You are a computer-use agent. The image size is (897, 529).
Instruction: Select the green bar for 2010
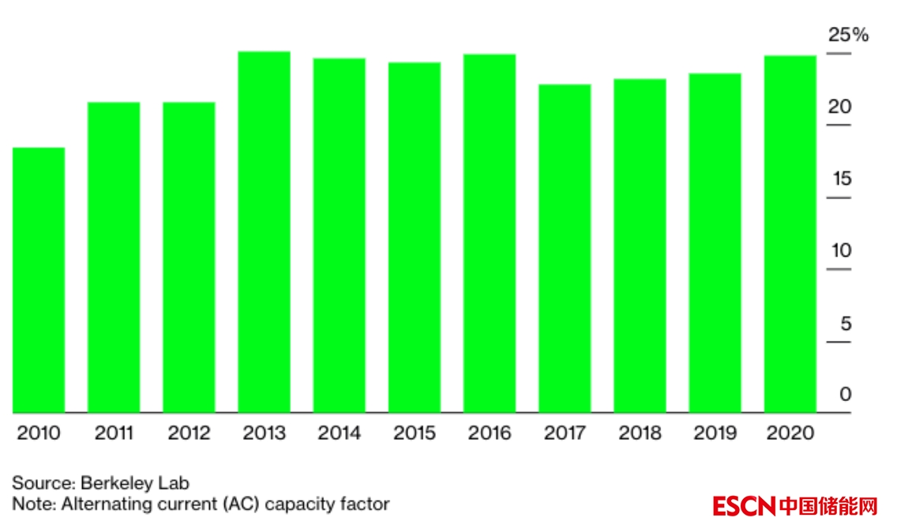tap(39, 280)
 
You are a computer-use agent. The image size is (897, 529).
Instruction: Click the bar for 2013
tap(265, 232)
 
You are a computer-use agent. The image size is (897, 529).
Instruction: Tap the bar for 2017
tap(565, 248)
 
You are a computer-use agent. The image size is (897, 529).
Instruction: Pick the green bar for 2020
tap(790, 234)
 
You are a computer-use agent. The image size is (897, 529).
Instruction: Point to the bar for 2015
tap(415, 237)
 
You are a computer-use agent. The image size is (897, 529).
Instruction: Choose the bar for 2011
tap(114, 257)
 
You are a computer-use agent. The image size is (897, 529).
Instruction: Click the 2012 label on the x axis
tap(189, 433)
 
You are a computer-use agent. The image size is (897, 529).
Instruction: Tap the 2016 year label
tap(490, 433)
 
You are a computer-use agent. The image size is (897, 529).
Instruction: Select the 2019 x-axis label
tap(715, 433)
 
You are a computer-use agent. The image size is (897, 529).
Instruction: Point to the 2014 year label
tap(340, 433)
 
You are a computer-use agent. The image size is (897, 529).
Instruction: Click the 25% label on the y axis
tap(847, 36)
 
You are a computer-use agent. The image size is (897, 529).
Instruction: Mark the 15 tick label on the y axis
tap(842, 179)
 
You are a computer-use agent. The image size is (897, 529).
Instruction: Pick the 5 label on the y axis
tap(846, 324)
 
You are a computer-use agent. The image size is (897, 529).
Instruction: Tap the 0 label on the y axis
tap(846, 394)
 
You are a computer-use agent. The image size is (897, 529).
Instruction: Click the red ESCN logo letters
tap(743, 506)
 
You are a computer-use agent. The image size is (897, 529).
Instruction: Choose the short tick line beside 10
tap(839, 270)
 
